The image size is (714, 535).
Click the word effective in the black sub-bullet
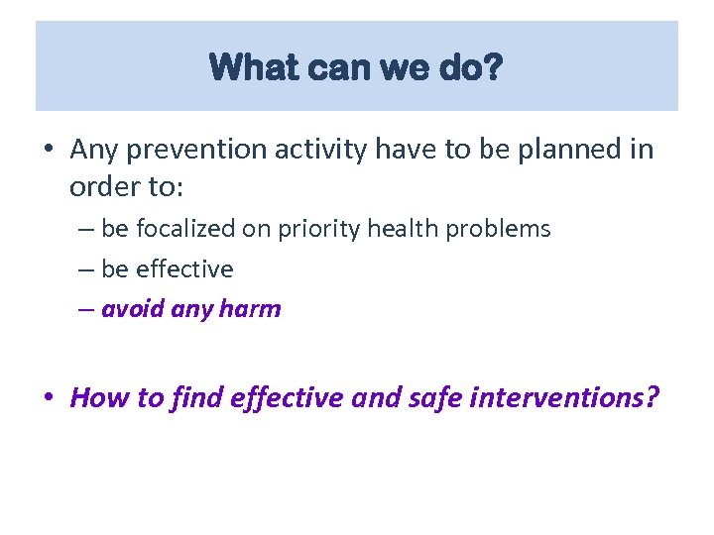pyautogui.click(x=184, y=269)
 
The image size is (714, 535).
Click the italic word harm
pyautogui.click(x=251, y=309)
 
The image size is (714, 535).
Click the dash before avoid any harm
pyautogui.click(x=86, y=310)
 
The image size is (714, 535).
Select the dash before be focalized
pyautogui.click(x=86, y=230)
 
